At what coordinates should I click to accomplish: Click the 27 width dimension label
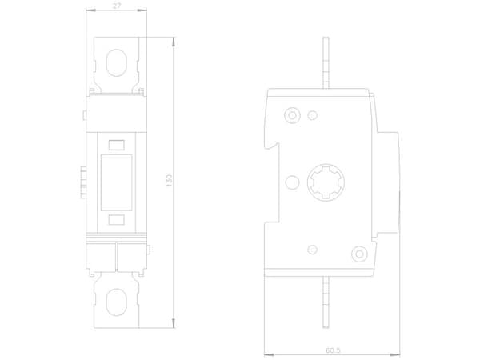117,6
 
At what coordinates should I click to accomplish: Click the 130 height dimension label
169,181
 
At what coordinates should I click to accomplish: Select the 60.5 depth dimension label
333,350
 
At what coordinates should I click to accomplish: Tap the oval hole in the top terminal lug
116,62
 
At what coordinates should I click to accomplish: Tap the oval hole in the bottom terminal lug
116,302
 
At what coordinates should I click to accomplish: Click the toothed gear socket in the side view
326,182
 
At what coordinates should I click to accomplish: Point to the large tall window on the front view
116,182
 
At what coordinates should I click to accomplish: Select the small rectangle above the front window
117,145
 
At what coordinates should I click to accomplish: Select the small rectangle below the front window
117,220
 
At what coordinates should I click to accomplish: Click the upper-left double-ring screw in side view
292,115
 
